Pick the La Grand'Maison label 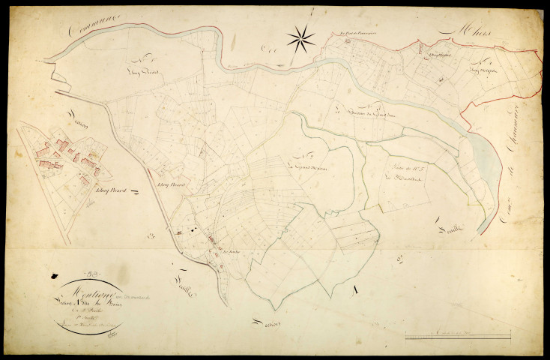point(304,163)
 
